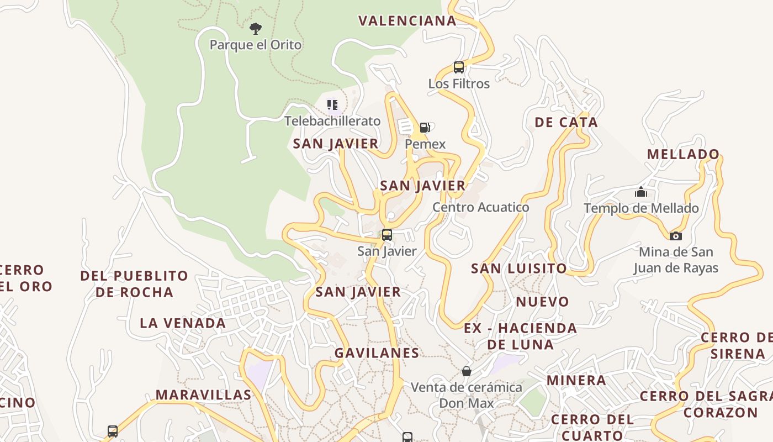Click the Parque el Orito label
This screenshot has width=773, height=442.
click(256, 45)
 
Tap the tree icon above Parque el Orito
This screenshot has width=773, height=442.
click(255, 28)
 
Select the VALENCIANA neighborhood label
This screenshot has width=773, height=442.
click(407, 21)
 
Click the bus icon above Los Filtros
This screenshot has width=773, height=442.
click(459, 67)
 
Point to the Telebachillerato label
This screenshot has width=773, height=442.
click(332, 121)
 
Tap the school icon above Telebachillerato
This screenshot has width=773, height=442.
click(332, 104)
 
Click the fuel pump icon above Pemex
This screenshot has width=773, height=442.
click(425, 128)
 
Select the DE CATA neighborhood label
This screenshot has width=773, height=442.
click(566, 123)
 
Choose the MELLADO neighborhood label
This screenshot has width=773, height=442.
click(684, 154)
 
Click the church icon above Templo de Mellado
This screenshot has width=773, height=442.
click(641, 192)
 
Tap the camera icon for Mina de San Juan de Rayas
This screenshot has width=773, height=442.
click(676, 236)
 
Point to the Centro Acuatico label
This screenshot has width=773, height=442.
click(480, 207)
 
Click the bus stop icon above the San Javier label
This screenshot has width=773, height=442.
click(387, 234)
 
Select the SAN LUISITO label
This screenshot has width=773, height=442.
click(518, 269)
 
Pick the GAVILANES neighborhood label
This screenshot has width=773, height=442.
click(377, 352)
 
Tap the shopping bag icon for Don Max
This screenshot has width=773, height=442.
click(467, 371)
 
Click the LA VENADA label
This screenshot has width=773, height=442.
click(183, 323)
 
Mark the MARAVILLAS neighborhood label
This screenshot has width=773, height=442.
click(203, 395)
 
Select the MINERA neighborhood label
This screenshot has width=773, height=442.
click(576, 380)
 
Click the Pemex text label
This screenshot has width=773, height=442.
click(425, 144)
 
